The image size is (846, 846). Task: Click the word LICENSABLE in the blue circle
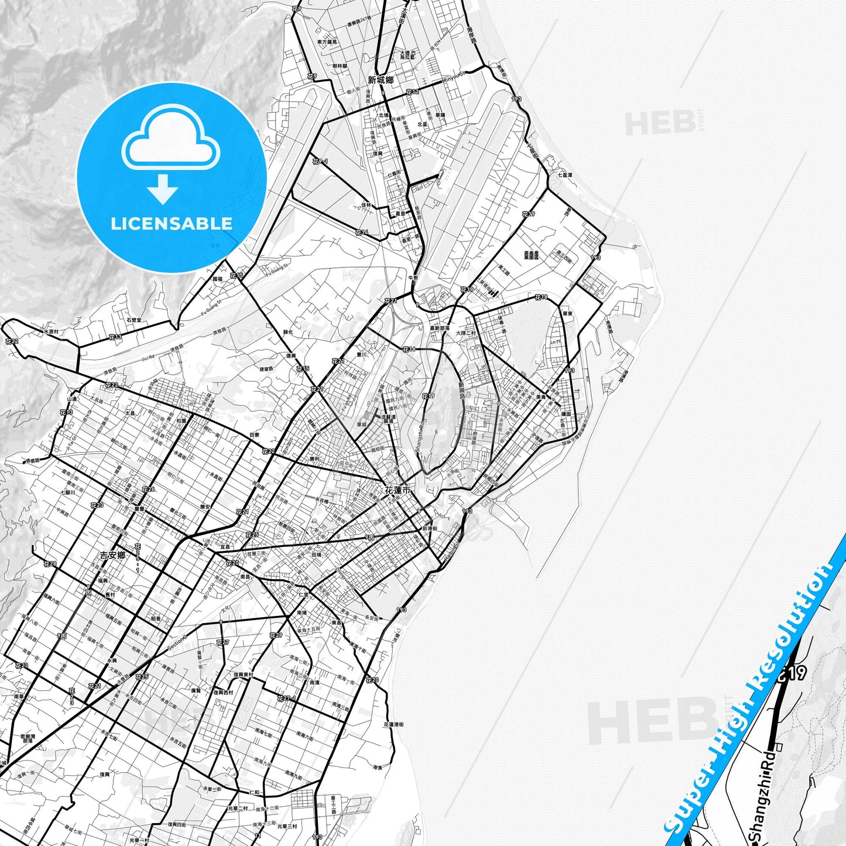(x=172, y=224)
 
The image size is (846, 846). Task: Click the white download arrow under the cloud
(x=163, y=189)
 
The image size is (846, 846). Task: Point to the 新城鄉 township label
(x=381, y=80)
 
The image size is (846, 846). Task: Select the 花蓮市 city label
(x=398, y=490)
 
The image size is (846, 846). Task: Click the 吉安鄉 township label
(x=112, y=554)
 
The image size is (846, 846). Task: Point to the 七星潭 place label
(x=565, y=174)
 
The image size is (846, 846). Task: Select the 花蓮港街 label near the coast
(x=393, y=724)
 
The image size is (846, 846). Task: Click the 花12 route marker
(x=412, y=93)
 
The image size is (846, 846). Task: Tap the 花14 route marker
(x=361, y=232)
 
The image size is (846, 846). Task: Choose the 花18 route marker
(x=541, y=297)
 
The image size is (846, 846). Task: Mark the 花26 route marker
(x=148, y=489)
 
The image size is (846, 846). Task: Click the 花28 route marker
(x=50, y=564)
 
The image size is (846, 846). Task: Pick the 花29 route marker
(x=276, y=635)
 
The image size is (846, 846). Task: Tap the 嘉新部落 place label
(x=440, y=328)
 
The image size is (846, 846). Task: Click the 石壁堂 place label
(x=133, y=320)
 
